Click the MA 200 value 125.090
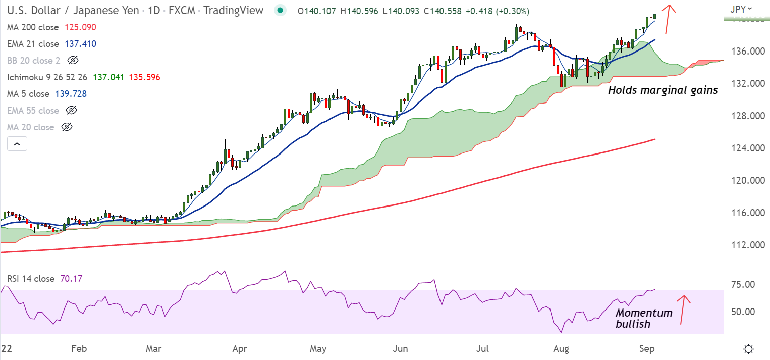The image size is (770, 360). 80,27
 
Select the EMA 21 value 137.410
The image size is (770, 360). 80,44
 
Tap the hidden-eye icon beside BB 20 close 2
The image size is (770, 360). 73,61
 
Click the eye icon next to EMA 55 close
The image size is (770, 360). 72,110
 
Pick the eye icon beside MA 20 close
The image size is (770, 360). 67,127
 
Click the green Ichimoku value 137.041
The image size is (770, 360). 108,77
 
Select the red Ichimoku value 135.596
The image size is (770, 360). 145,77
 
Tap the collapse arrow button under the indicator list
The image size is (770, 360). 17,144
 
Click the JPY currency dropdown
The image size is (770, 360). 741,8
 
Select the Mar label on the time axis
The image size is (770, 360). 153,349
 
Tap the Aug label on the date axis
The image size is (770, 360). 560,349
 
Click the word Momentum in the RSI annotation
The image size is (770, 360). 644,313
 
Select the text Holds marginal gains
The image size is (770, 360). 663,90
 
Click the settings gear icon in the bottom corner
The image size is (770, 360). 749,349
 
